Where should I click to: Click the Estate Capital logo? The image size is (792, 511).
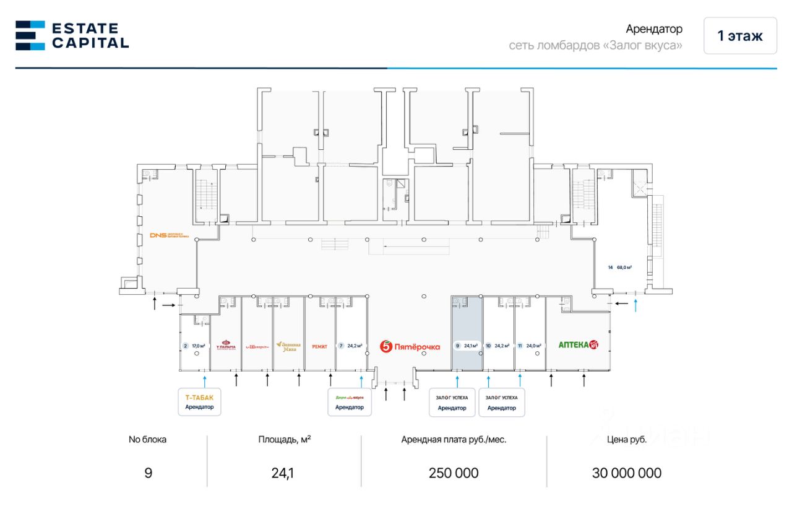[x=72, y=35]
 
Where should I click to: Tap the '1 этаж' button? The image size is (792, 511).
[x=739, y=36]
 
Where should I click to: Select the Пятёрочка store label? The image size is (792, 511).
[x=410, y=346]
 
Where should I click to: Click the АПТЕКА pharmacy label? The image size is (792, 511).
[x=579, y=345]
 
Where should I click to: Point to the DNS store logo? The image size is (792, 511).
[x=168, y=235]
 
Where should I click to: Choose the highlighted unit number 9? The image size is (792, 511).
[x=457, y=346]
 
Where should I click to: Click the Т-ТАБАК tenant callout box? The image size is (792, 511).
[x=199, y=402]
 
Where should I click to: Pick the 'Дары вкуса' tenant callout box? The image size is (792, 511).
[x=349, y=402]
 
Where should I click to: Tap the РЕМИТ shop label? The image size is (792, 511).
[x=320, y=346]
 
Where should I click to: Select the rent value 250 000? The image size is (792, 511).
[x=454, y=473]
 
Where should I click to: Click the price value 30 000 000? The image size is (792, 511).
[x=626, y=473]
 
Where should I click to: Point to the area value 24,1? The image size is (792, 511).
[x=284, y=473]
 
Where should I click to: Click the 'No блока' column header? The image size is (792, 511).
[x=147, y=440]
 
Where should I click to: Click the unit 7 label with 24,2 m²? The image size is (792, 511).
[x=350, y=346]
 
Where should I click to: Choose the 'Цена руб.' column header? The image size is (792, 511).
[x=626, y=440]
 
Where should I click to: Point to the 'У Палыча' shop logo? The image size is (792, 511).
[x=226, y=346]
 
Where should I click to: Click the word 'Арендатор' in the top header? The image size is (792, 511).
[x=654, y=29]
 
